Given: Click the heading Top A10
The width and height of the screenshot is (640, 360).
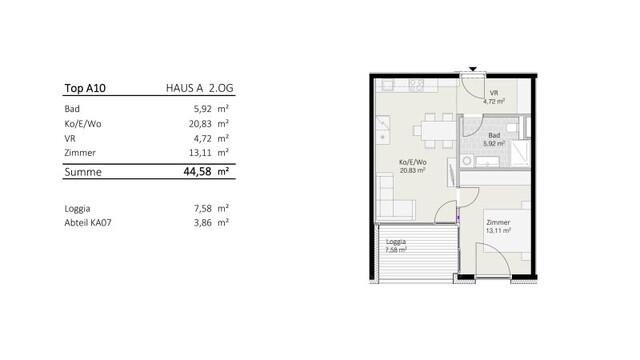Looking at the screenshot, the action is pyautogui.click(x=85, y=88).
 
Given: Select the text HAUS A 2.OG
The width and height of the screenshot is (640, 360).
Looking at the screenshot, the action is pyautogui.click(x=200, y=88).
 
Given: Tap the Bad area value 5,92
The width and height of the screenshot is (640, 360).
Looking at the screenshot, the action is pyautogui.click(x=202, y=109).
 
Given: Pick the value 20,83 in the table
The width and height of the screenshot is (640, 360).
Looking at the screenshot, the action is pyautogui.click(x=200, y=124).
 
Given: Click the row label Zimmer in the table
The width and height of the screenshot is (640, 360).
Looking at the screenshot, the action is pyautogui.click(x=80, y=153).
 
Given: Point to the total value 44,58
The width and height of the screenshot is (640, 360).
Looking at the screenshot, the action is pyautogui.click(x=198, y=171).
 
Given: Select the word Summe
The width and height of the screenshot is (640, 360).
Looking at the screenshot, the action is pyautogui.click(x=83, y=172).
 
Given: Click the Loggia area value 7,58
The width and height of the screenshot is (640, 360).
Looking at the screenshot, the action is pyautogui.click(x=202, y=209).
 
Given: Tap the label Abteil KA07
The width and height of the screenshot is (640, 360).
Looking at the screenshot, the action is pyautogui.click(x=88, y=223).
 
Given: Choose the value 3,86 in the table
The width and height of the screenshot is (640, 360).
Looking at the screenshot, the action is pyautogui.click(x=202, y=223).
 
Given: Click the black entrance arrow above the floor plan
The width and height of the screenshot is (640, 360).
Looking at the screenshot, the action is pyautogui.click(x=473, y=69).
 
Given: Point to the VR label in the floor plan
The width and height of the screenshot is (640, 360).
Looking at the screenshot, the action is pyautogui.click(x=494, y=93).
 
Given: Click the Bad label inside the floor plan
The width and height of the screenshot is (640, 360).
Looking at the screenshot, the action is pyautogui.click(x=494, y=136).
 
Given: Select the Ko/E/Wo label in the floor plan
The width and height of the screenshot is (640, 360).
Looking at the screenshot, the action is pyautogui.click(x=413, y=162).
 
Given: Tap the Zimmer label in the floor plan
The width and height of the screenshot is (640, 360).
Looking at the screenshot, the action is pyautogui.click(x=498, y=222).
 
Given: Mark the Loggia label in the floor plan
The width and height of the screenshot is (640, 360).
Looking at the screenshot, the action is pyautogui.click(x=396, y=242).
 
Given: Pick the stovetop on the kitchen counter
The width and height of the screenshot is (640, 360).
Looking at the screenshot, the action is pyautogui.click(x=416, y=84).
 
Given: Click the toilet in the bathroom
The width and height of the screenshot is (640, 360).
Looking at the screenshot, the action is pyautogui.click(x=512, y=128).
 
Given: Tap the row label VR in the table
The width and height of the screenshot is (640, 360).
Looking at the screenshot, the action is pyautogui.click(x=70, y=139).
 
